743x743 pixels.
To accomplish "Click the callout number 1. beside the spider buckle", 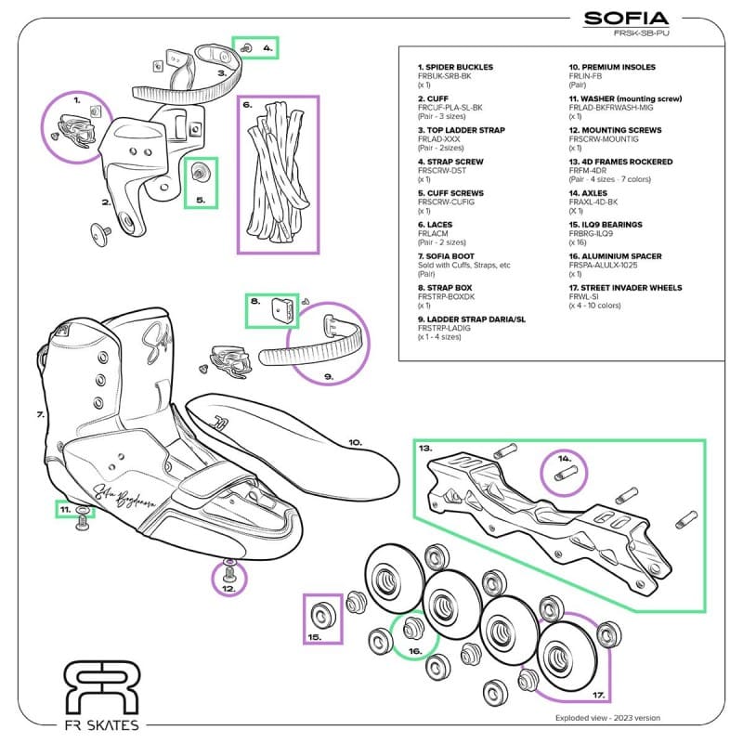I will pyautogui.click(x=77, y=98).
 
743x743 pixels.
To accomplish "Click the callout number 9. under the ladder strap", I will pyautogui.click(x=329, y=376).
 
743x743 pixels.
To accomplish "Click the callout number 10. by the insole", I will pyautogui.click(x=355, y=442).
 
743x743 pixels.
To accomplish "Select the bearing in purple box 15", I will pyautogui.click(x=324, y=615).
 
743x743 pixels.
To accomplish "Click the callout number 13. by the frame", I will pyautogui.click(x=424, y=447).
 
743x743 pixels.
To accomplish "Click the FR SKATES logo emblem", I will pyautogui.click(x=101, y=689).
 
